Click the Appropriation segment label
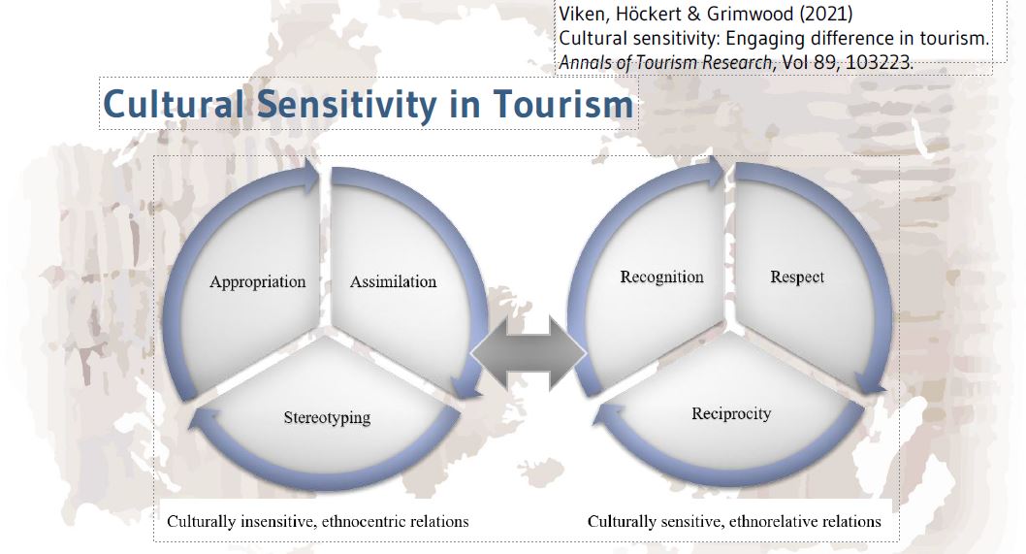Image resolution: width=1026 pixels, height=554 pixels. point(257,282)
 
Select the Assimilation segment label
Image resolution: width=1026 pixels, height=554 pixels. point(393,282)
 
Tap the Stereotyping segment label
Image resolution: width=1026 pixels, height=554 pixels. point(327,418)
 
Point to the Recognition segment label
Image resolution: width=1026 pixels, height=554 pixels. point(661,277)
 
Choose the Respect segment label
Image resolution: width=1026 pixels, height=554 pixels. point(797,277)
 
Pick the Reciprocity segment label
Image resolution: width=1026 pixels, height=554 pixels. point(731,413)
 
